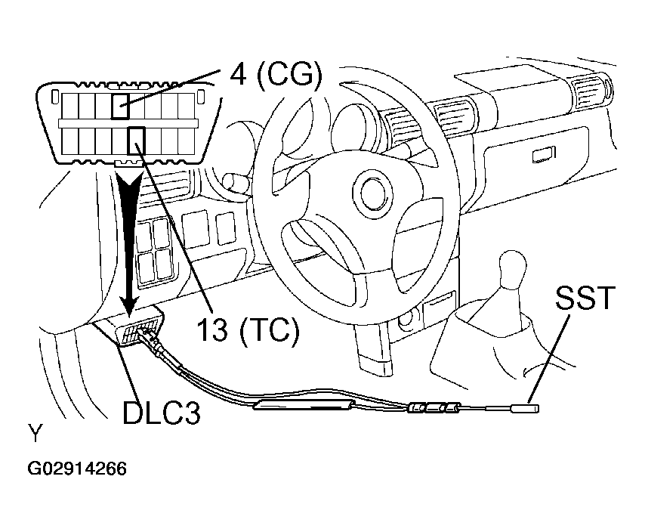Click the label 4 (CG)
click(275, 76)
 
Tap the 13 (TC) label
click(248, 329)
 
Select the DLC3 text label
click(162, 413)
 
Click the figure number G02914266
click(77, 469)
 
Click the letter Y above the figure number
click(35, 433)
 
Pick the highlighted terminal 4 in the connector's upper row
click(121, 106)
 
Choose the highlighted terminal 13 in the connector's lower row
click(136, 141)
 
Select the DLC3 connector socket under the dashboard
click(139, 325)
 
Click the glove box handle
click(543, 155)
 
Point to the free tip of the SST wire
click(537, 409)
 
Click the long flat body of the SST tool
click(304, 405)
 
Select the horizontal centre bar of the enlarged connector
click(128, 123)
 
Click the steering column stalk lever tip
click(230, 181)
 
